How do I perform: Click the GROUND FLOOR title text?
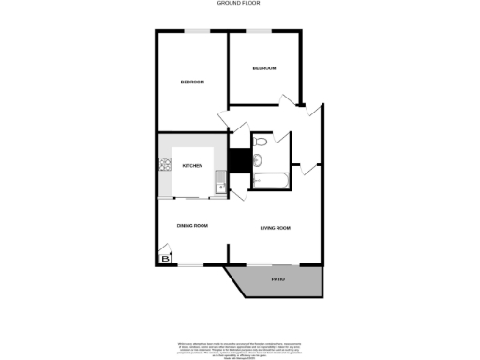pyautogui.click(x=239, y=4)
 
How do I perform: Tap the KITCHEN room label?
pyautogui.click(x=192, y=166)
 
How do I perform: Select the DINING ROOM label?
pyautogui.click(x=192, y=226)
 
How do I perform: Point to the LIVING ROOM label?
pyautogui.click(x=276, y=228)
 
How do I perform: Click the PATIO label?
pyautogui.click(x=278, y=280)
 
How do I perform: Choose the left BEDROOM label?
pyautogui.click(x=192, y=82)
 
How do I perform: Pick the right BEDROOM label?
pyautogui.click(x=264, y=67)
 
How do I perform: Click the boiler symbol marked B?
pyautogui.click(x=166, y=258)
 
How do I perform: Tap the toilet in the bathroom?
pyautogui.click(x=262, y=142)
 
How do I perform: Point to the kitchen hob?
pyautogui.click(x=166, y=166)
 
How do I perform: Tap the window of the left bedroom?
pyautogui.click(x=196, y=31)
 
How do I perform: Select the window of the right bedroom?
pyautogui.click(x=260, y=31)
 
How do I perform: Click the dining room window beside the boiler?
pyautogui.click(x=191, y=265)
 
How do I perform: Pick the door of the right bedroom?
pyautogui.click(x=290, y=97)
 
